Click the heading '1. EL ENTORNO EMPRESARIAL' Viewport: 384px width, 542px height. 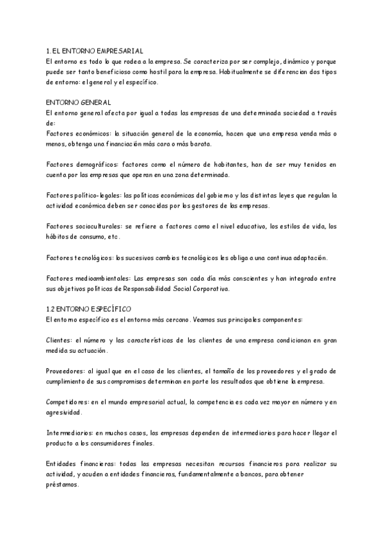[95, 50]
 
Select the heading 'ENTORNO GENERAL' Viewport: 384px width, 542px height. [79, 102]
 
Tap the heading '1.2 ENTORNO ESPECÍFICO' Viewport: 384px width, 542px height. [88, 308]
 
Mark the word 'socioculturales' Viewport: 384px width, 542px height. [100, 226]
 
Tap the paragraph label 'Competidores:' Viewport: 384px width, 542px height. [71, 401]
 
